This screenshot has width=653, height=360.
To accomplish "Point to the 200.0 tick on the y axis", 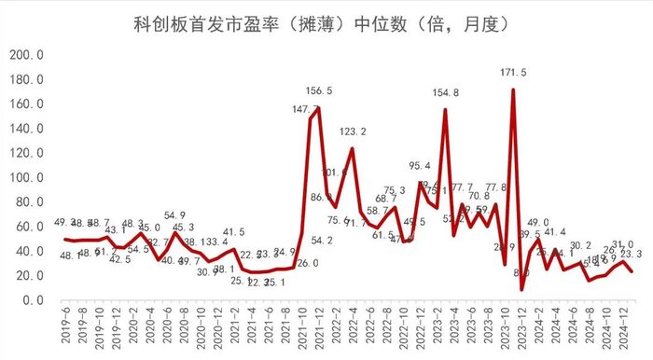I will click(28, 55).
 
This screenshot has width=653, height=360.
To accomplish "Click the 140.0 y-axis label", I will click(28, 129).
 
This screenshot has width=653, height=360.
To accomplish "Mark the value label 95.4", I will click(422, 166).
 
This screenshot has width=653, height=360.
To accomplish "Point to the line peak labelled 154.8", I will click(445, 110).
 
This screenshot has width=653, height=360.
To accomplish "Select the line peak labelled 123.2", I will click(353, 148).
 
